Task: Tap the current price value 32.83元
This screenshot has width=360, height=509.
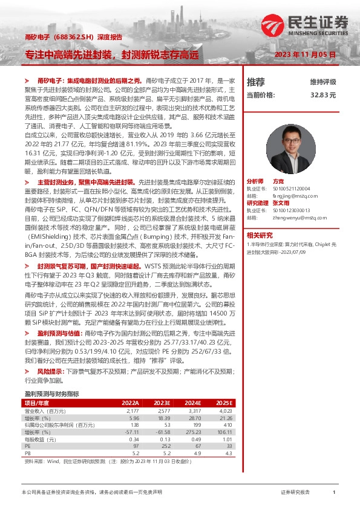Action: (x=323, y=95)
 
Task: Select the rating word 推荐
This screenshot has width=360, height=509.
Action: (x=256, y=82)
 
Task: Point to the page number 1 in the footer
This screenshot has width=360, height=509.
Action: (x=334, y=493)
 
